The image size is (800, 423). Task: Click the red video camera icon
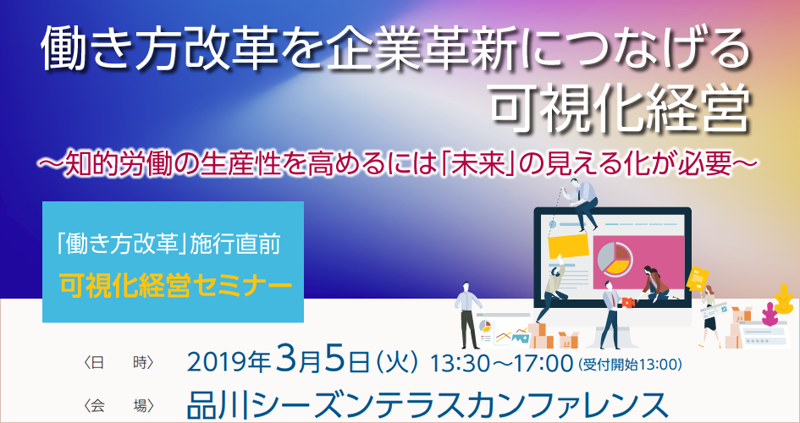point(628,303)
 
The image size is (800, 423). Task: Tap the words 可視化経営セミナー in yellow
point(175,287)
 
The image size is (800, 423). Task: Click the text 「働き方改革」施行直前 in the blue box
point(168,245)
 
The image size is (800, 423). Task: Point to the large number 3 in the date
point(286,360)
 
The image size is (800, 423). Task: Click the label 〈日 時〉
point(119,363)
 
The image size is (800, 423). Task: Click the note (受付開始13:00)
point(630,364)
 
